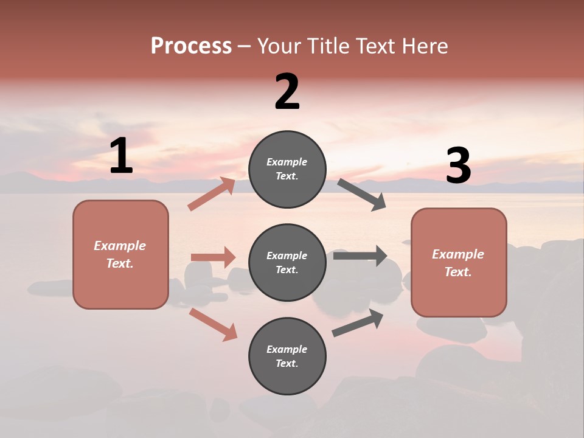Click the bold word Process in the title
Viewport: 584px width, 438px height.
(x=191, y=46)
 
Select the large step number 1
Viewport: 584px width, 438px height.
(x=121, y=156)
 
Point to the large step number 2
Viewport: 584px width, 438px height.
(x=287, y=92)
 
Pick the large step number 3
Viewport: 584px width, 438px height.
(x=458, y=167)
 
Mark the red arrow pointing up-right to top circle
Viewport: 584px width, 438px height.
(x=212, y=193)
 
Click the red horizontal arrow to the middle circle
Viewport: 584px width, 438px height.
(x=213, y=257)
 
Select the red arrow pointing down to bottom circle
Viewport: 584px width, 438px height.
(x=213, y=324)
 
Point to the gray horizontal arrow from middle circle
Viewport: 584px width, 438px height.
(x=360, y=256)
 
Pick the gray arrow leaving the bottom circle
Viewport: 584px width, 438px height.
(x=358, y=323)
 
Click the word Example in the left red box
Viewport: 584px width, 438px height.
(x=120, y=246)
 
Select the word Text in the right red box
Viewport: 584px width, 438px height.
(x=457, y=272)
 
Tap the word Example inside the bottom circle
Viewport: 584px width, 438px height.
(x=287, y=349)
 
